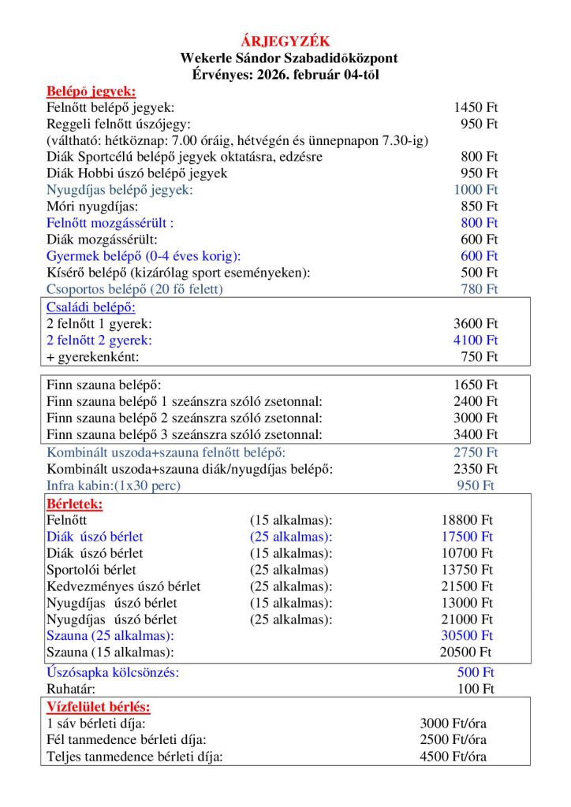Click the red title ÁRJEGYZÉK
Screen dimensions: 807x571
(x=285, y=41)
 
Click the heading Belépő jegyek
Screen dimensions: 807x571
(x=91, y=91)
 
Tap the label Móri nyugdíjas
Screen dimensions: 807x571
(x=92, y=206)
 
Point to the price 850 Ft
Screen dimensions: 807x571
(x=480, y=206)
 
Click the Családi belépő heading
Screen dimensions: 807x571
(x=91, y=307)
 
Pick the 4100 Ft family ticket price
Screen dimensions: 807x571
(x=476, y=340)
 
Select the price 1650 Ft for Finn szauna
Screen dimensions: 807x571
(x=476, y=385)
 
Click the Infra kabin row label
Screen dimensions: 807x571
(x=114, y=485)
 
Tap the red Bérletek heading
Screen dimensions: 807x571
(x=75, y=503)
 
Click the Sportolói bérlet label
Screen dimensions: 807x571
(x=91, y=570)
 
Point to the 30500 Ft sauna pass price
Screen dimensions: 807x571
(x=466, y=635)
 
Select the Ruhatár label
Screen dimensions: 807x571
(x=71, y=690)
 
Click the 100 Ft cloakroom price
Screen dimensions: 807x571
(x=476, y=690)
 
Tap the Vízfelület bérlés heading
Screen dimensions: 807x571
(x=99, y=707)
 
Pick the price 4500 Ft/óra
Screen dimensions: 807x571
(x=453, y=757)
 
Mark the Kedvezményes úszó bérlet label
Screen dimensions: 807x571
(x=124, y=586)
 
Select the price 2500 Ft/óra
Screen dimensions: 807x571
(x=453, y=740)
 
